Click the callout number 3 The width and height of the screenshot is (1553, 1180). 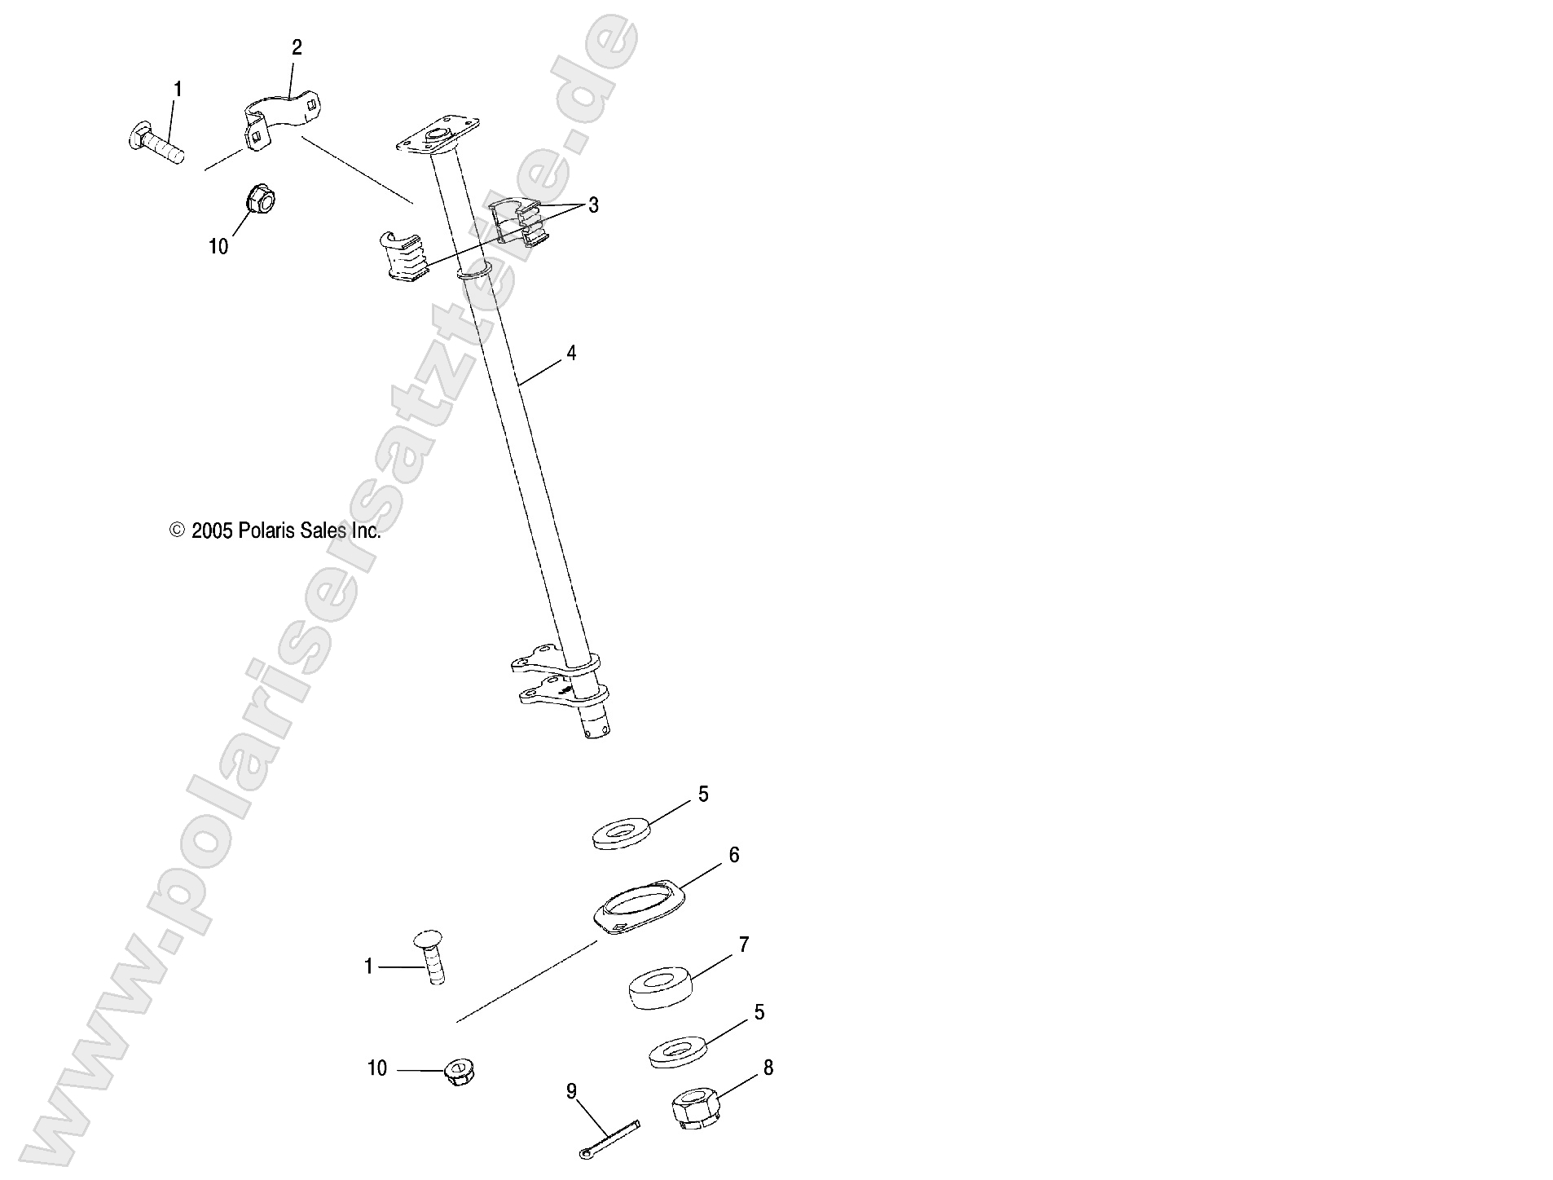(593, 205)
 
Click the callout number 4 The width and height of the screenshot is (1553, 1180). (571, 353)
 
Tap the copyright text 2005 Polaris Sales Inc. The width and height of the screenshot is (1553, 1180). (275, 531)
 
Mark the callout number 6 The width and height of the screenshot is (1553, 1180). (733, 855)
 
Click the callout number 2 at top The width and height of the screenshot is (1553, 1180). (297, 47)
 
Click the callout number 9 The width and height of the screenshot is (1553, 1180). (571, 1090)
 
